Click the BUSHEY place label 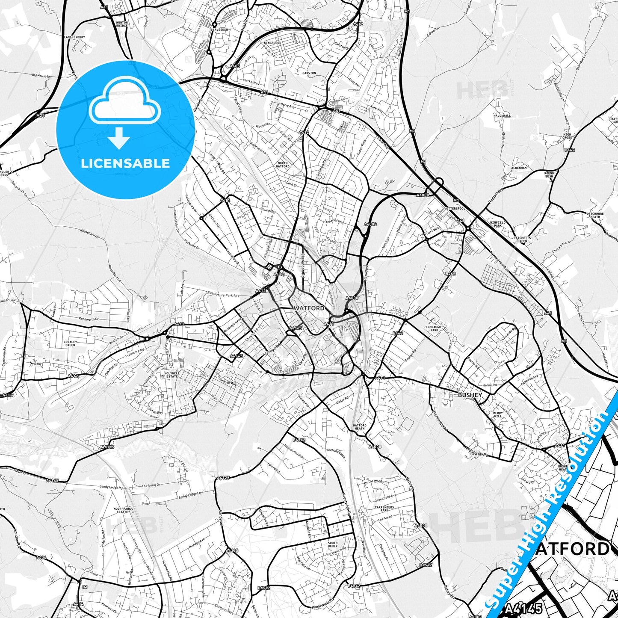click(470, 395)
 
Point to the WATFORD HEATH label click(360, 427)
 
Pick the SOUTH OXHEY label click(332, 544)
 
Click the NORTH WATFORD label click(283, 165)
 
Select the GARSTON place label click(309, 73)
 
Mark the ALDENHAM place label click(519, 168)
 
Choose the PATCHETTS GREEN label click(522, 240)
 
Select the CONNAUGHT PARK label click(434, 328)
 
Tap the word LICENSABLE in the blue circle click(125, 163)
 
